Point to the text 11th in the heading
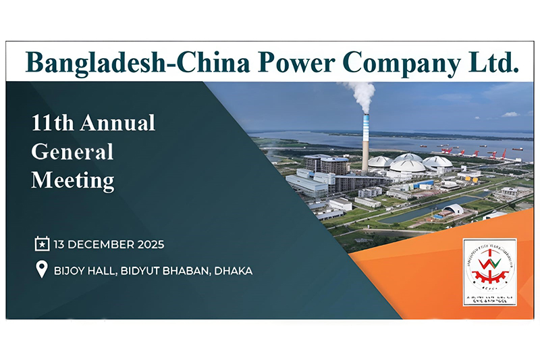52,124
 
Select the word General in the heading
72,152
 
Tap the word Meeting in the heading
72,181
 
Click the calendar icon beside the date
42,243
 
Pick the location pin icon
42,271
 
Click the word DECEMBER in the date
103,243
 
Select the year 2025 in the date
149,243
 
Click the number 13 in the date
60,243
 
